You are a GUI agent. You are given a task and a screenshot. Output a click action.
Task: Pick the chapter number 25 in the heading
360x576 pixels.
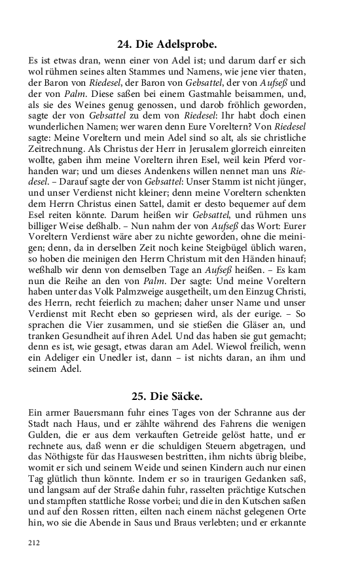(139, 396)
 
